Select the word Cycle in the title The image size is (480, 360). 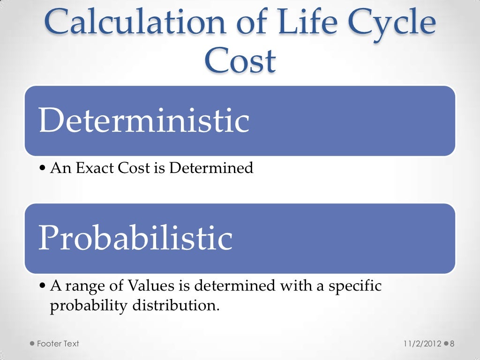383,22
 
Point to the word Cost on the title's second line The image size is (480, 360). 240,61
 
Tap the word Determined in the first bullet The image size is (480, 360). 211,168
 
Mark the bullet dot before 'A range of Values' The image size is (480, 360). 43,286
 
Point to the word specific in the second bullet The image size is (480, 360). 355,285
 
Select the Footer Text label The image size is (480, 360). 58,344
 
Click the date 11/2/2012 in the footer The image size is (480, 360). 422,344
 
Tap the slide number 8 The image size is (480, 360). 452,344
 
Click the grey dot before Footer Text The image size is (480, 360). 32,344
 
